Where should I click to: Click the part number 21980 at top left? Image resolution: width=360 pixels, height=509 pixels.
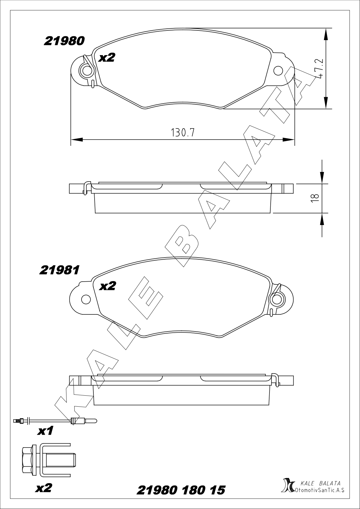tap(64, 41)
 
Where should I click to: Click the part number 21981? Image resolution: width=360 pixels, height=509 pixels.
tap(59, 270)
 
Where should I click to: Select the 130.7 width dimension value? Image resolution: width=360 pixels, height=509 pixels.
tap(182, 133)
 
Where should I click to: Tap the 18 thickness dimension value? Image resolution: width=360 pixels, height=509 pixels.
tap(314, 198)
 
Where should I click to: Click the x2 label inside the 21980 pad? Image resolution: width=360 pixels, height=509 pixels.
tap(107, 57)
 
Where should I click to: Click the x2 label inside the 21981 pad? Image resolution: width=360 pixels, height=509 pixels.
tap(107, 286)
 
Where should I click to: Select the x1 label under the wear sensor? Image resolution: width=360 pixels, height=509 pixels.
tap(46, 431)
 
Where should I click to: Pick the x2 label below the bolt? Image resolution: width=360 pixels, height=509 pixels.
tap(44, 488)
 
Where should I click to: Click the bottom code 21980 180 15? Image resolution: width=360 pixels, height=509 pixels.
tap(181, 490)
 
